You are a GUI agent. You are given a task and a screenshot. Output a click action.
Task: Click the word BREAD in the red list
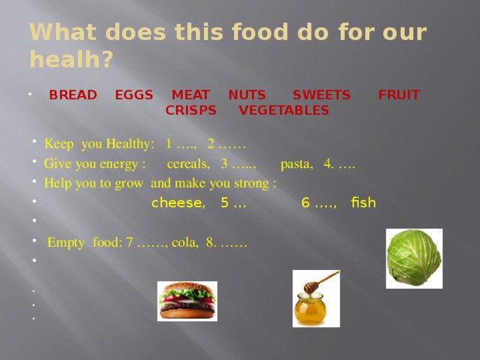click(x=73, y=95)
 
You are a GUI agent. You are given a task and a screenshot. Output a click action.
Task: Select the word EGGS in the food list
click(x=134, y=95)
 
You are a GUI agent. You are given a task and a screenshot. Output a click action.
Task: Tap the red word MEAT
click(x=190, y=95)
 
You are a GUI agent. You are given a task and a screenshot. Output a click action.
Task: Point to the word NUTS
click(x=247, y=95)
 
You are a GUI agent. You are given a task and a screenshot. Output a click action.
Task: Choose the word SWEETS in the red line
click(x=321, y=95)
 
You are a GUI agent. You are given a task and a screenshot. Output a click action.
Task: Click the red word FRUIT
click(x=398, y=95)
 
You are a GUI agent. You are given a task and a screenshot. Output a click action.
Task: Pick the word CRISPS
click(x=190, y=111)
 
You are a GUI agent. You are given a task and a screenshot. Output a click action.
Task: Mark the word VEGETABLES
click(x=283, y=111)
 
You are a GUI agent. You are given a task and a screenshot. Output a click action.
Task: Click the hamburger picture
click(x=187, y=301)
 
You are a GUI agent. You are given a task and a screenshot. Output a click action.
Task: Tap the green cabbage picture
click(x=413, y=258)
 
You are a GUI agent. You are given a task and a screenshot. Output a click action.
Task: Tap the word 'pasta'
click(x=295, y=163)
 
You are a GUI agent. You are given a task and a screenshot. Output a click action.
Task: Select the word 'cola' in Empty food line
click(x=183, y=242)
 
